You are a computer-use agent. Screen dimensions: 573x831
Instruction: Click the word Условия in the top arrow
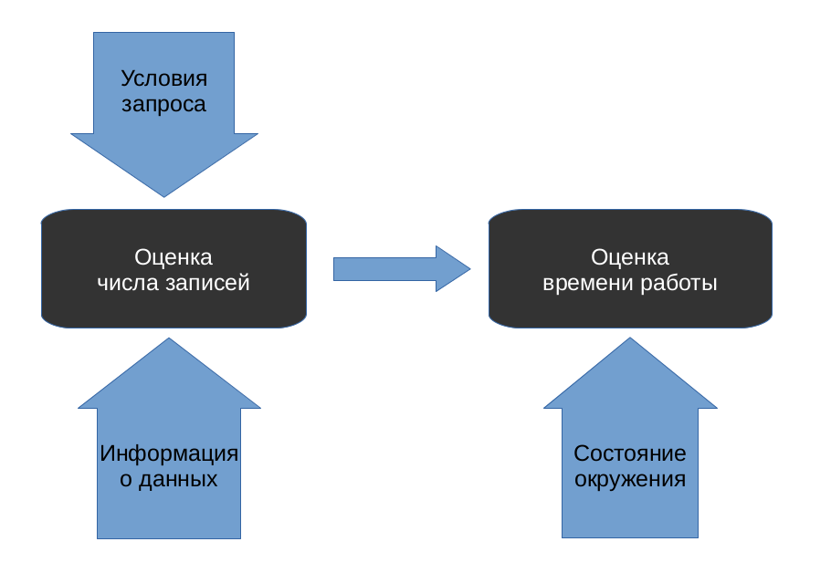pos(164,78)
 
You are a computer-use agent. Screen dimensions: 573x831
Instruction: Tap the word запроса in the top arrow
pos(164,104)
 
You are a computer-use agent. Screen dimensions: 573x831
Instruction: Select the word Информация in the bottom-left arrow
pos(169,453)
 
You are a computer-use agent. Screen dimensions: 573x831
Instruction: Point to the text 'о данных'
pos(169,479)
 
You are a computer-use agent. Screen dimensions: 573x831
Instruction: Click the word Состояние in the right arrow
pos(630,453)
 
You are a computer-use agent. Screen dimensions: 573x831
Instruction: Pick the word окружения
pos(630,479)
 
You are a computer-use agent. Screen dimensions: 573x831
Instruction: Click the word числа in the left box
pos(128,283)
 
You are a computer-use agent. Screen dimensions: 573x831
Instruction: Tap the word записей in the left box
pos(207,283)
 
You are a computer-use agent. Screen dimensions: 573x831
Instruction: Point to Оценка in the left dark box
pos(174,257)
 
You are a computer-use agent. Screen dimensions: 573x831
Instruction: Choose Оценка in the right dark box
pos(630,257)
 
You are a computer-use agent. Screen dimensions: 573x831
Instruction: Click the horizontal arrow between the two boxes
pos(393,269)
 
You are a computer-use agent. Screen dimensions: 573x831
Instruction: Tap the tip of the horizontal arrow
pos(467,269)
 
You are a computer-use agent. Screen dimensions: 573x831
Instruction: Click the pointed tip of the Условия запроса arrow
pos(164,193)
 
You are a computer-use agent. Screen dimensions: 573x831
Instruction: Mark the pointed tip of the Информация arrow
pos(169,342)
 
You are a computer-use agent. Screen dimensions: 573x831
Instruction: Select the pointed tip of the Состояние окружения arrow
pos(630,342)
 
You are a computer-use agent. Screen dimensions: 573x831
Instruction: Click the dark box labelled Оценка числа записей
pos(174,310)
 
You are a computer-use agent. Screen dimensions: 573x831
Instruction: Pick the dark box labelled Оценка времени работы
pos(630,310)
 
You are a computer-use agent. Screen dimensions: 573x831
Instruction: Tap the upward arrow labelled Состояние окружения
pos(630,511)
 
